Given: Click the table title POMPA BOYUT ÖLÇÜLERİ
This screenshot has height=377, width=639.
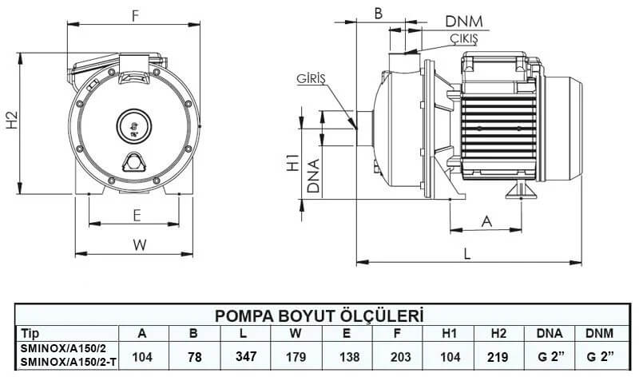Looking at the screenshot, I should point(319,315).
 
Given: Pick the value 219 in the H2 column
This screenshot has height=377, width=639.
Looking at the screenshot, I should point(496,355).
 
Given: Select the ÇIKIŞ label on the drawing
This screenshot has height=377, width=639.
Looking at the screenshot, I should point(462,38).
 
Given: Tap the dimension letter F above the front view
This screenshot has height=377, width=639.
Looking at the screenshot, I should point(135,15).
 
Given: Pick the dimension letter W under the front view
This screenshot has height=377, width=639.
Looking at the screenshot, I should point(140,245).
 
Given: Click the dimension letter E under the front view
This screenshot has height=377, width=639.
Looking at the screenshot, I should point(137,215).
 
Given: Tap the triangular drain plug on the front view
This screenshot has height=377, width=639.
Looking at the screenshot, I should point(133,162).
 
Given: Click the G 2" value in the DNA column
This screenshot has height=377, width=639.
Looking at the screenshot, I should point(549,355).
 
